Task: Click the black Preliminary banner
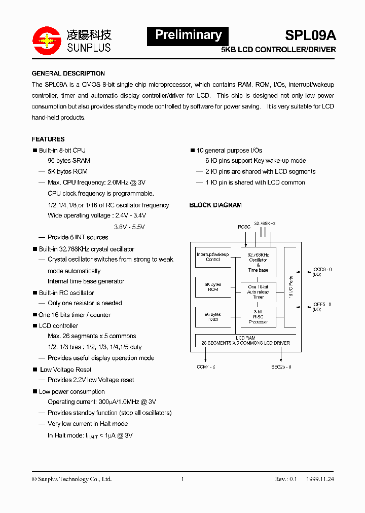point(188,35)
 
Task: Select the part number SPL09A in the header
point(310,35)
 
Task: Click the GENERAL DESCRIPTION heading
point(68,74)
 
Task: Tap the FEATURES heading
point(48,139)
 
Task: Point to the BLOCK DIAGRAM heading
point(215,205)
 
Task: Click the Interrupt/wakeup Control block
point(213,257)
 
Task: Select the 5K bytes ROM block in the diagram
point(213,287)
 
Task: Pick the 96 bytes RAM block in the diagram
point(213,317)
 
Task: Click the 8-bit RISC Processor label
point(258,317)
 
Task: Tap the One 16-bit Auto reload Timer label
point(258,292)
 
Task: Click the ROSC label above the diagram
point(244,227)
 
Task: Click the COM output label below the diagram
point(206,367)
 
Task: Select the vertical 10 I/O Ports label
point(290,287)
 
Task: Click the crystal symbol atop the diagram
point(263,233)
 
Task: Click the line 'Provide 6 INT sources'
point(78,237)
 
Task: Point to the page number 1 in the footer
point(182,479)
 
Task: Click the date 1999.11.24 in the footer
point(320,479)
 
